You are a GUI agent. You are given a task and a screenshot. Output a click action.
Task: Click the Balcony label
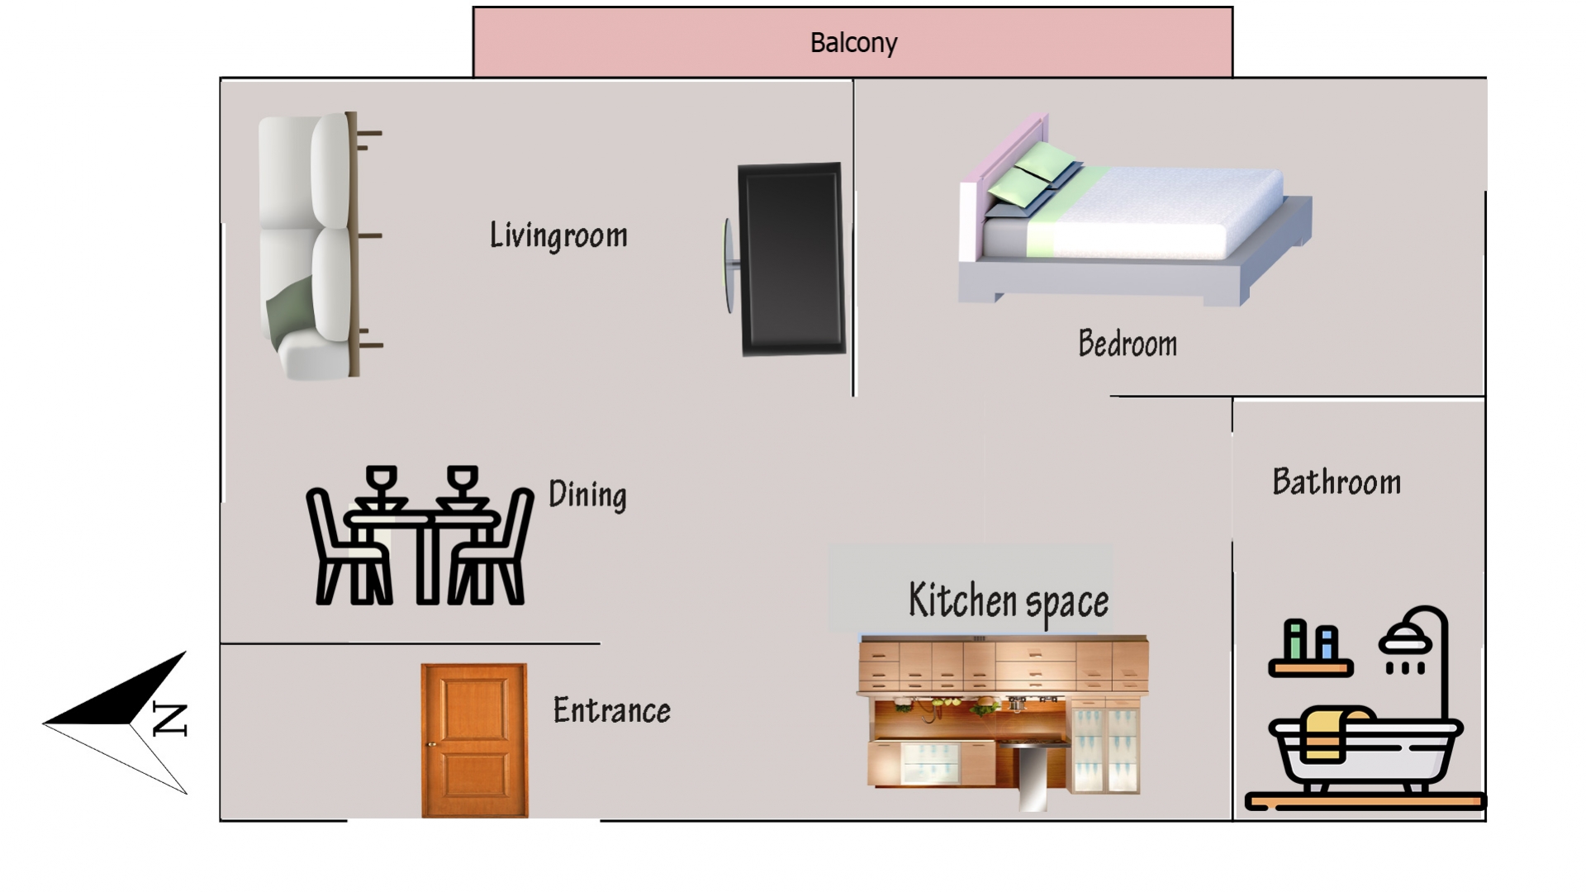(853, 42)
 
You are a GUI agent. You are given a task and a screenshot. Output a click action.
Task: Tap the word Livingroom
(558, 235)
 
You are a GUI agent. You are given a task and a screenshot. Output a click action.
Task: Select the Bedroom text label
(1128, 344)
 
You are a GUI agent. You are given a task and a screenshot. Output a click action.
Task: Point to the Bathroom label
(1337, 482)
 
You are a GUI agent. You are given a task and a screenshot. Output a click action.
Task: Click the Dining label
(587, 495)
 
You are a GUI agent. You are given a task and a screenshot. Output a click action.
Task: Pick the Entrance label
(611, 710)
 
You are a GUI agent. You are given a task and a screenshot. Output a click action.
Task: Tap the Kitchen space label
(1009, 600)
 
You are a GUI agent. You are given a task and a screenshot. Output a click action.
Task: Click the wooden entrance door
(474, 740)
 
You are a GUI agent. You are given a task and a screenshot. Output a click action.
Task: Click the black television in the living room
(791, 259)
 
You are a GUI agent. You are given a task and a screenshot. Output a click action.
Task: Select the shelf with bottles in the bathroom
(1311, 650)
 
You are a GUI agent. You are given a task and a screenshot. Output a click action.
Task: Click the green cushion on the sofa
(289, 306)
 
